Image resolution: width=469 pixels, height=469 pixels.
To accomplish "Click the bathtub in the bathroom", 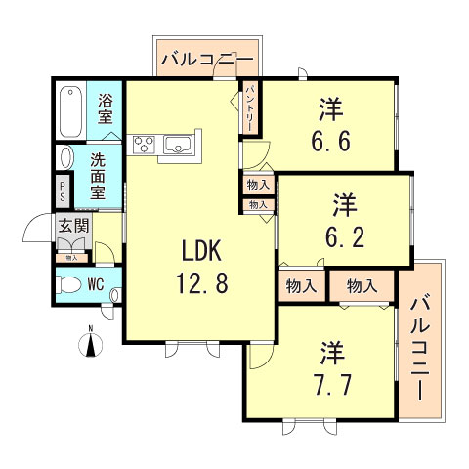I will [70, 113].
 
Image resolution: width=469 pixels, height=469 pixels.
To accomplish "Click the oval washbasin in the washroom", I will [65, 157].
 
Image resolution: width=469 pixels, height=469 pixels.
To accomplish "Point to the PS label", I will [64, 189].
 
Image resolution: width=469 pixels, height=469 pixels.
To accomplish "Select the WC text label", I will [98, 285].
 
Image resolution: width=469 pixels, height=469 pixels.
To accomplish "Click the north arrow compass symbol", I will [90, 343].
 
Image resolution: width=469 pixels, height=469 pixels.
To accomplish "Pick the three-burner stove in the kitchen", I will [144, 147].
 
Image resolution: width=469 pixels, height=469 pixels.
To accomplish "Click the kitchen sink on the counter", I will [179, 147].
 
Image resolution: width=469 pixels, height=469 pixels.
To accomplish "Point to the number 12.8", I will [203, 286].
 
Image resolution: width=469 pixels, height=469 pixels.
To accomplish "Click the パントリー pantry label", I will [250, 107].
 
